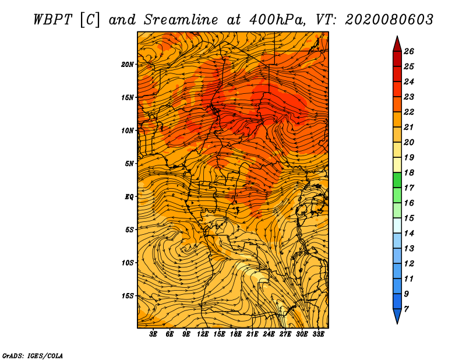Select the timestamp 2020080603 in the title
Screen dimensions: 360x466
pyautogui.click(x=389, y=19)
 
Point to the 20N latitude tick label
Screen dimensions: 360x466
pyautogui.click(x=128, y=64)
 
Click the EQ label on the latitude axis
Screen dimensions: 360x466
pyautogui.click(x=129, y=196)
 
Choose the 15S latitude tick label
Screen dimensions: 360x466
pyautogui.click(x=128, y=295)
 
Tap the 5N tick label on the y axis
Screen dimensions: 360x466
pyautogui.click(x=130, y=163)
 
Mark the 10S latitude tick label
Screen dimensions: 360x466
pyautogui.click(x=128, y=262)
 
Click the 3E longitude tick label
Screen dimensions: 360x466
pyautogui.click(x=154, y=334)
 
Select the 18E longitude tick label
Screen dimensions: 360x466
pyautogui.click(x=236, y=334)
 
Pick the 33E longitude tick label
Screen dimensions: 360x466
pyautogui.click(x=318, y=334)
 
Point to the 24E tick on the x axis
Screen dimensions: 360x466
pyautogui.click(x=269, y=334)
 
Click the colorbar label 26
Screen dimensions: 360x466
pyautogui.click(x=409, y=51)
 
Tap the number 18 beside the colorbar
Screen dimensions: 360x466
pyautogui.click(x=409, y=172)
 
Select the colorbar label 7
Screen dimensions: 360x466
pyautogui.click(x=407, y=309)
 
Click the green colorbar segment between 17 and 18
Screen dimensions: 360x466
pyautogui.click(x=397, y=180)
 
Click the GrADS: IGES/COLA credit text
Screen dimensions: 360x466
pyautogui.click(x=32, y=354)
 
